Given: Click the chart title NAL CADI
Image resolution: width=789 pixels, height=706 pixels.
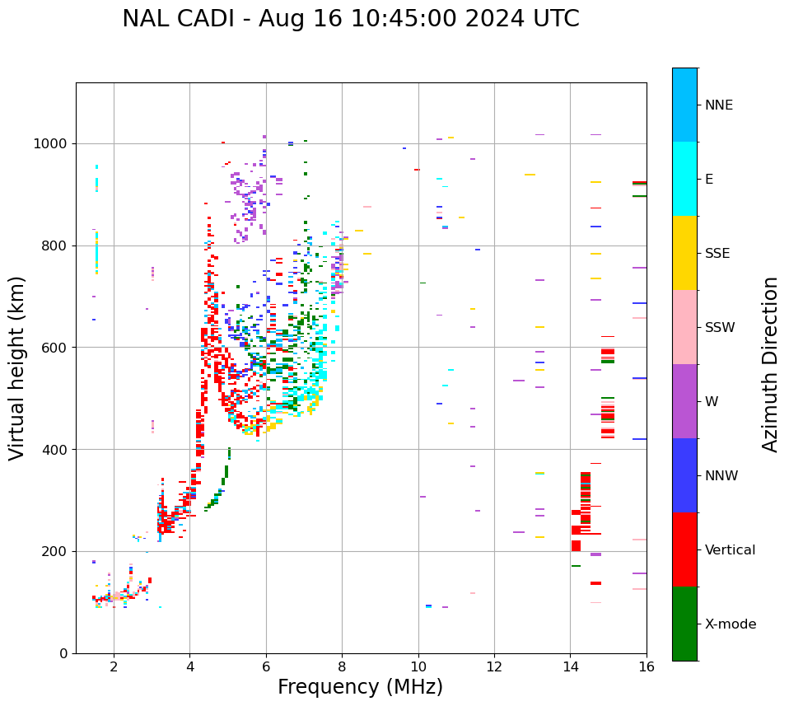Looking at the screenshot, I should (x=350, y=19).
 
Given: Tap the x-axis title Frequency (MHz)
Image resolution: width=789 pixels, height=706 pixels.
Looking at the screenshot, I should (x=360, y=687).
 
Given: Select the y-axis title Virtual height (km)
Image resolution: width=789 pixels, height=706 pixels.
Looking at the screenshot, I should (x=17, y=367).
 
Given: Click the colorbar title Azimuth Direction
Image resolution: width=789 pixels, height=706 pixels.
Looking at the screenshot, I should (x=770, y=364).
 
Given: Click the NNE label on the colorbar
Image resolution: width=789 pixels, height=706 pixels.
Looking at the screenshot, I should (x=718, y=105).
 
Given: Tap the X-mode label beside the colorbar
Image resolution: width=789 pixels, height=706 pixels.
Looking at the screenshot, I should (x=730, y=624).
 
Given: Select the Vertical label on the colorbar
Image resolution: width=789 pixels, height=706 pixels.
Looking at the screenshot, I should (x=730, y=550).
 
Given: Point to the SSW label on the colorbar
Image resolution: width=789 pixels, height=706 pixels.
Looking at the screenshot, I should (x=720, y=328).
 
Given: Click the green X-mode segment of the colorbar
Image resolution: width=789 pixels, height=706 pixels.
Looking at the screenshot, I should (x=684, y=624).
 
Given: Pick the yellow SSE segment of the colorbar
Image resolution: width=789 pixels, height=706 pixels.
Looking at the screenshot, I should (x=684, y=253).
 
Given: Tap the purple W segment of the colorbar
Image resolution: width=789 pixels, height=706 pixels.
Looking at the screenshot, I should (x=684, y=401).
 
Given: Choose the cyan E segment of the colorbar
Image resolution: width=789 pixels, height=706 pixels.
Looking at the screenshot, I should (x=684, y=179).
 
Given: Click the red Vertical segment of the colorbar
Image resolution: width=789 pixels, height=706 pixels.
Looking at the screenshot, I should (x=684, y=549).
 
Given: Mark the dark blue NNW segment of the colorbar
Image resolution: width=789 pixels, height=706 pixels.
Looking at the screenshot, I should (x=684, y=475).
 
